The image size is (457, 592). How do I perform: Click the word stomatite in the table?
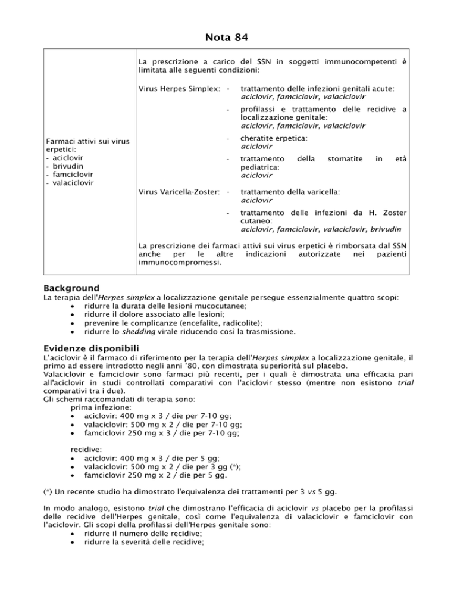(341, 159)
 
